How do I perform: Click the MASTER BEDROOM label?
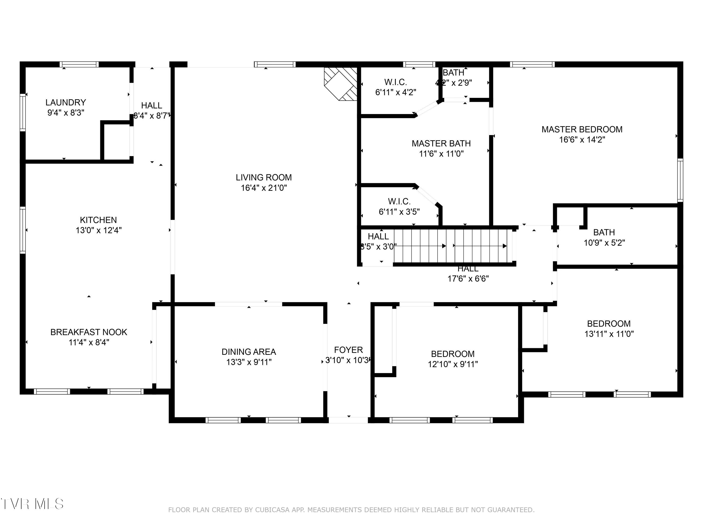click(x=582, y=130)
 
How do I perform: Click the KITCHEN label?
click(x=98, y=220)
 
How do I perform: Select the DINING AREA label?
click(x=249, y=352)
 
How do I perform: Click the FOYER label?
click(x=348, y=350)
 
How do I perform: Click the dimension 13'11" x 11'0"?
click(x=609, y=334)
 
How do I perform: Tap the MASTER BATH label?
click(x=441, y=144)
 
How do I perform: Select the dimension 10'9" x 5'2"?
click(x=604, y=243)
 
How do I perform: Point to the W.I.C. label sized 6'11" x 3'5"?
click(x=399, y=201)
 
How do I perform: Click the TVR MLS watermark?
click(x=32, y=504)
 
